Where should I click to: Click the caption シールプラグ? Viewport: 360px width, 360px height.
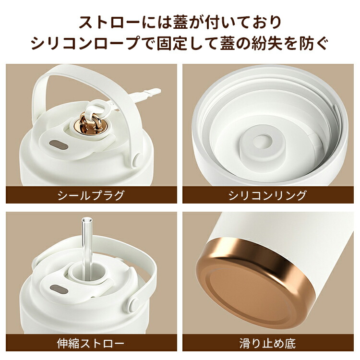[x=91, y=195]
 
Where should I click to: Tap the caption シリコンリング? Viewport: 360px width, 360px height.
[x=268, y=195]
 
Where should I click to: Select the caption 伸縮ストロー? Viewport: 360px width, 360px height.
[x=91, y=343]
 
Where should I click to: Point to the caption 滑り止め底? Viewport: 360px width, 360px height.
[x=268, y=343]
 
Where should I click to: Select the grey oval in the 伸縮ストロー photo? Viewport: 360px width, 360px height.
[x=59, y=290]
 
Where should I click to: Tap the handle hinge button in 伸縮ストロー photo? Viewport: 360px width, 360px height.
[x=133, y=304]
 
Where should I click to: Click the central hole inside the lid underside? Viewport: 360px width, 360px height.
[x=261, y=143]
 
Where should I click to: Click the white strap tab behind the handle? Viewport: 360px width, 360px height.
[x=147, y=94]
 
